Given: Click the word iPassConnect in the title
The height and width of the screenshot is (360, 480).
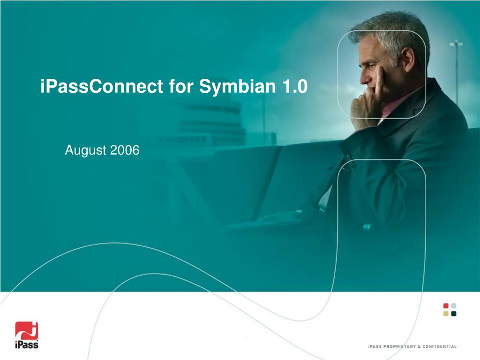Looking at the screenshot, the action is click(102, 86).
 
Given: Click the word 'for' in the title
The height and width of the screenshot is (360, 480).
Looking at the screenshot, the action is click(181, 86).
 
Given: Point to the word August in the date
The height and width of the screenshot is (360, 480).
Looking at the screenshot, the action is click(86, 150).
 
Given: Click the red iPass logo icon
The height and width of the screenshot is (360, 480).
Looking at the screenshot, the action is click(27, 330).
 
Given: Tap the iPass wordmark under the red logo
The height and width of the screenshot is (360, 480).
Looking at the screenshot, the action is click(27, 345).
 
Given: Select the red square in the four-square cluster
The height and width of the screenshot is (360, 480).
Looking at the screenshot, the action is click(446, 306).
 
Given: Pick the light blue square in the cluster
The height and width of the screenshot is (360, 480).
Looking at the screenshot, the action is click(454, 306).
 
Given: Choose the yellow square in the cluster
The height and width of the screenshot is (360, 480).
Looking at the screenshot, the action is click(446, 314).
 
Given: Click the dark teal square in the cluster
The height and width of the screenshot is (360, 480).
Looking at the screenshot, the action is click(454, 314).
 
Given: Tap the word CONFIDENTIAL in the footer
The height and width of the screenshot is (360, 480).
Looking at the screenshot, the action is click(440, 346).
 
